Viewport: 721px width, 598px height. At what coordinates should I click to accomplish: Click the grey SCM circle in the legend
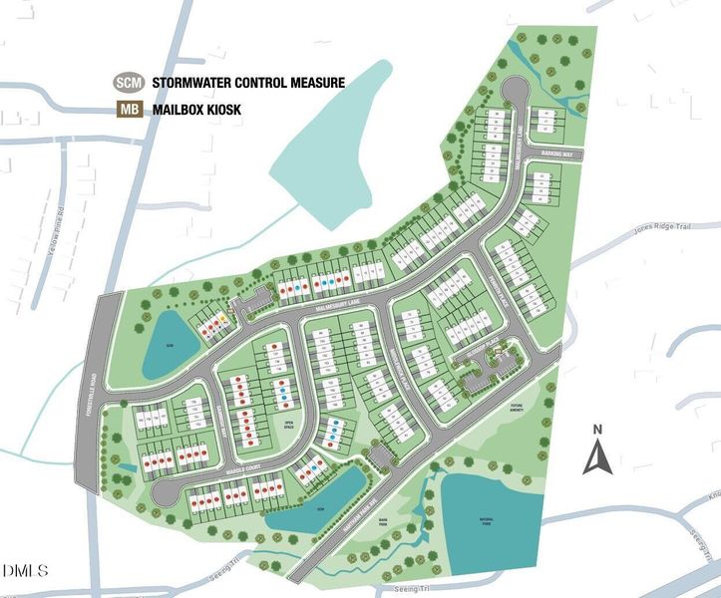128,83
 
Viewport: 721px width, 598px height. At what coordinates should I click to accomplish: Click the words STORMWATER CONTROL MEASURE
248,83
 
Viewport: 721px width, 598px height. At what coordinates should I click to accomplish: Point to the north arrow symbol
597,456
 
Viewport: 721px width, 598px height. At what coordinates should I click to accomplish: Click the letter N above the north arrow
597,431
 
